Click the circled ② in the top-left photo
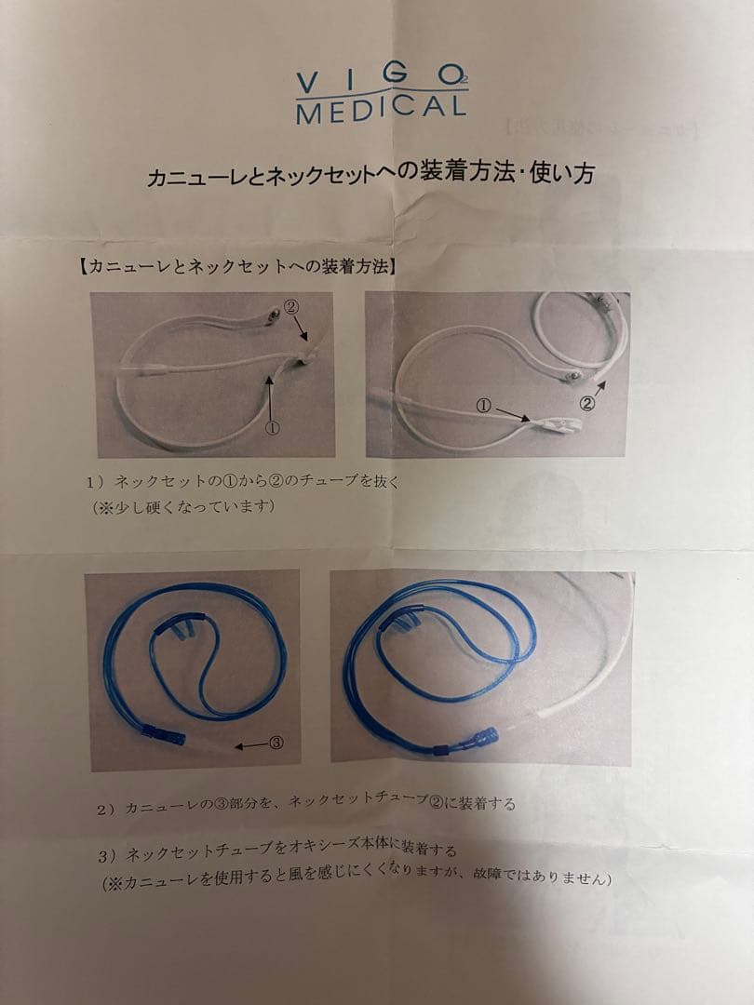pyautogui.click(x=292, y=306)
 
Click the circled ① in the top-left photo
pyautogui.click(x=273, y=428)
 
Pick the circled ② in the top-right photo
pyautogui.click(x=587, y=402)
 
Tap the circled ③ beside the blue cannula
pyautogui.click(x=276, y=743)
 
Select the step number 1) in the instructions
pyautogui.click(x=97, y=482)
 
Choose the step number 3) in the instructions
pyautogui.click(x=107, y=853)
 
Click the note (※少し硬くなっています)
pyautogui.click(x=182, y=507)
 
